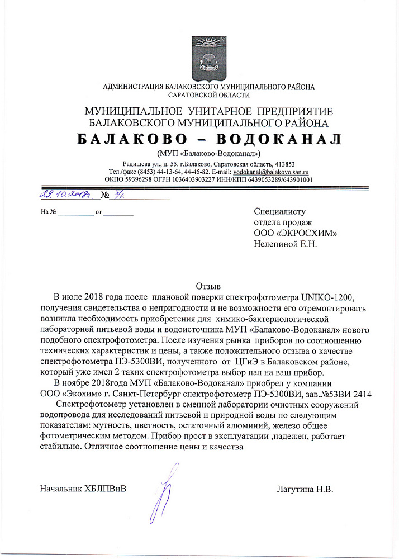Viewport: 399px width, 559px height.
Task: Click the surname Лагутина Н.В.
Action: (305, 490)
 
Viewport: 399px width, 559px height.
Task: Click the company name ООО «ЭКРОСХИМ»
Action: (296, 233)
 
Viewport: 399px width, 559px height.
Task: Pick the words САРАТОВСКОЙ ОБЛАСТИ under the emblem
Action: (208, 96)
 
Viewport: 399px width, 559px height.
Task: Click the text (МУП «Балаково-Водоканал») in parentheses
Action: (209, 153)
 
